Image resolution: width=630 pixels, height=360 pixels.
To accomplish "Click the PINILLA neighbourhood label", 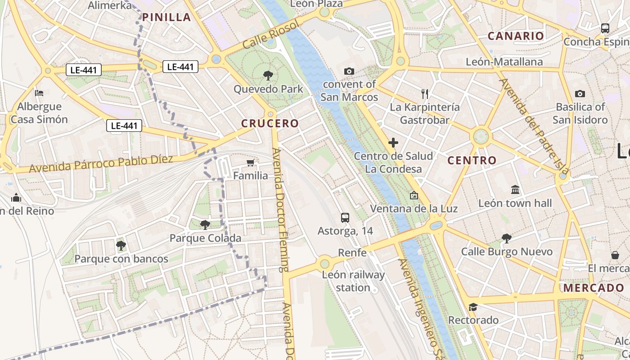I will (166, 18).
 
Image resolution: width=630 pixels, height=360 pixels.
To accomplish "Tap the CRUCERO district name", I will (270, 123).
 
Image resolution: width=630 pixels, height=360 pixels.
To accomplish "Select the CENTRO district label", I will (472, 160).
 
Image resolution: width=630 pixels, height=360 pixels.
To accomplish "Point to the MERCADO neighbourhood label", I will (594, 288).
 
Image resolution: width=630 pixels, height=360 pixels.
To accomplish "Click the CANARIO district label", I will (516, 36).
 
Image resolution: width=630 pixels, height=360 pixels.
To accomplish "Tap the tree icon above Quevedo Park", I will (268, 75).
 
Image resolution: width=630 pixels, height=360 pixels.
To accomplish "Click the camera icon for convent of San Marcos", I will (349, 71).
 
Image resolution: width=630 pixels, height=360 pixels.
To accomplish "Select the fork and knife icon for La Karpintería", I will (425, 94).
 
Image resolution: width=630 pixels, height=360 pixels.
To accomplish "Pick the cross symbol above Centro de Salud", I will (393, 143).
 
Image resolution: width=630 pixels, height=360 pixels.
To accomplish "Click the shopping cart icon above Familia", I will (251, 162).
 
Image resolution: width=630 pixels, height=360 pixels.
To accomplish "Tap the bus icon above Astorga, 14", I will (345, 218).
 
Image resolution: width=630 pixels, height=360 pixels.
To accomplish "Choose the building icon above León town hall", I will (515, 190).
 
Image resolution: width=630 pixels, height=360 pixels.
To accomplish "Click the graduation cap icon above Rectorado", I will (473, 307).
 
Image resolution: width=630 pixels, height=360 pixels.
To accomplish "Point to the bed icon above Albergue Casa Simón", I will (39, 93).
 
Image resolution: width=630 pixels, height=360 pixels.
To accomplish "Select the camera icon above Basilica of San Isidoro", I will (580, 94).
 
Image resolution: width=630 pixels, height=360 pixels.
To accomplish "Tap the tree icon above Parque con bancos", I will (121, 245).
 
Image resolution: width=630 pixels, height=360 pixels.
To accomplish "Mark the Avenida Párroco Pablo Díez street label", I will (101, 163).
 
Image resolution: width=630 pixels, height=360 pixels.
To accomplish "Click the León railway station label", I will (354, 281).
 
